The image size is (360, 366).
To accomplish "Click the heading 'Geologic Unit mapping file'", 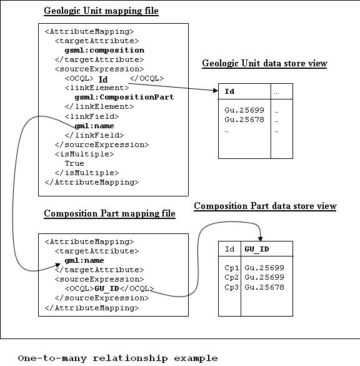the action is pos(101,11).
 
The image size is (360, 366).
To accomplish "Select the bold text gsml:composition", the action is pos(104,51).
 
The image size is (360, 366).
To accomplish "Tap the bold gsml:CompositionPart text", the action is pos(124,98).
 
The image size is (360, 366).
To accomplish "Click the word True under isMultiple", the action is pos(74,163).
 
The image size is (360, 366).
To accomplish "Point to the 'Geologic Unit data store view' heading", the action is pos(264,63).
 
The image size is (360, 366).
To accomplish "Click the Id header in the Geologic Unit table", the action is pos(229,91).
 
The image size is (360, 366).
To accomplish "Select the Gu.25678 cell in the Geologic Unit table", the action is pos(244,119).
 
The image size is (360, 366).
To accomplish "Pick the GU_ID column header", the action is pos(257,249).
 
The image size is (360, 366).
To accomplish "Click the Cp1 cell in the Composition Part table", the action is pos(232,268).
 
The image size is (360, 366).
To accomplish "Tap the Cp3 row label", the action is pos(232,287).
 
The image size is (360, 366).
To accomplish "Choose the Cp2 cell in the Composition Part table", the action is pos(232,277).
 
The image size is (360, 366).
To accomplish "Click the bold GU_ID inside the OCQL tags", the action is pos(107,289).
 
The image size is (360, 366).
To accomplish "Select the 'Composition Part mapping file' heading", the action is pos(109,213).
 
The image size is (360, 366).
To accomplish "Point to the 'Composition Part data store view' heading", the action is pos(265,206).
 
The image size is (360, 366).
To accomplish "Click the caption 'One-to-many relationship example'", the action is pos(117,358).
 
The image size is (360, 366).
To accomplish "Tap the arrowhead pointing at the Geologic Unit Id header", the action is pos(216,90).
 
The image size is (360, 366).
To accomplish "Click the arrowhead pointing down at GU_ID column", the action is pos(261,238).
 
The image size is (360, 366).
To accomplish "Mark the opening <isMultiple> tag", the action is pos(84,154).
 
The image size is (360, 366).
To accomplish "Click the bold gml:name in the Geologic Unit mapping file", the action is pos(94,126).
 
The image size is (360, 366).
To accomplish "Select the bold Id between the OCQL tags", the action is pos(103,79).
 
